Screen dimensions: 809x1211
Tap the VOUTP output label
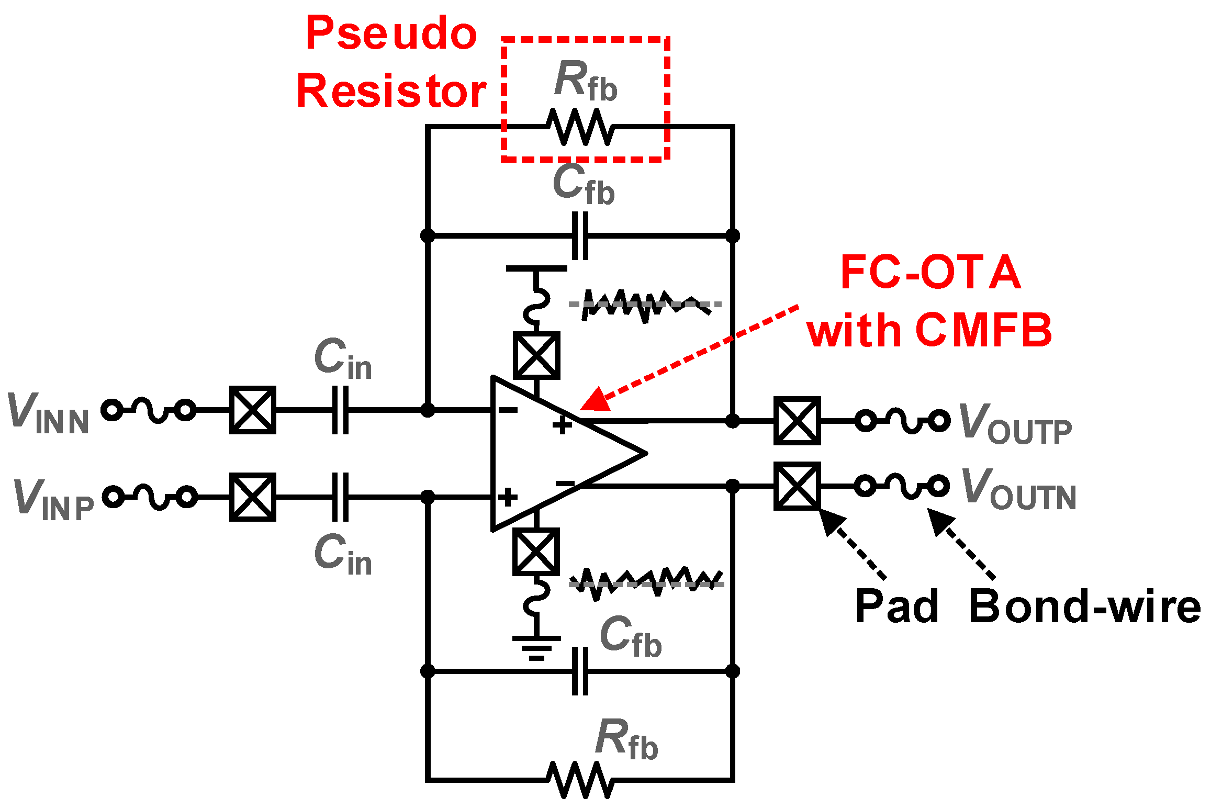pyautogui.click(x=1015, y=424)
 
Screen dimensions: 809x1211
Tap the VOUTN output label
pyautogui.click(x=1018, y=489)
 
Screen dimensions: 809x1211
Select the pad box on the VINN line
pyautogui.click(x=253, y=410)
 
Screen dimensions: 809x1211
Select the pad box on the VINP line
pyautogui.click(x=253, y=497)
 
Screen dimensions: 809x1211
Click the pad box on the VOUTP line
pyautogui.click(x=797, y=421)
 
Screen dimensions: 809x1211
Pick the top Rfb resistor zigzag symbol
pyautogui.click(x=580, y=127)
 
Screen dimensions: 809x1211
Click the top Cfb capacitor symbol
pyautogui.click(x=580, y=235)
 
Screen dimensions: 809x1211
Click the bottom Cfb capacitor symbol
pyautogui.click(x=580, y=671)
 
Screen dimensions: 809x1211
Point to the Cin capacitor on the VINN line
pyautogui.click(x=340, y=410)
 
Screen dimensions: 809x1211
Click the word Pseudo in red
pyautogui.click(x=391, y=33)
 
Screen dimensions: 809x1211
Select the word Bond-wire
pyautogui.click(x=1084, y=606)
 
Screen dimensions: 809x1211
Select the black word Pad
pyautogui.click(x=897, y=606)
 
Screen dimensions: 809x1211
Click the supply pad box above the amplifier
pyautogui.click(x=536, y=356)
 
